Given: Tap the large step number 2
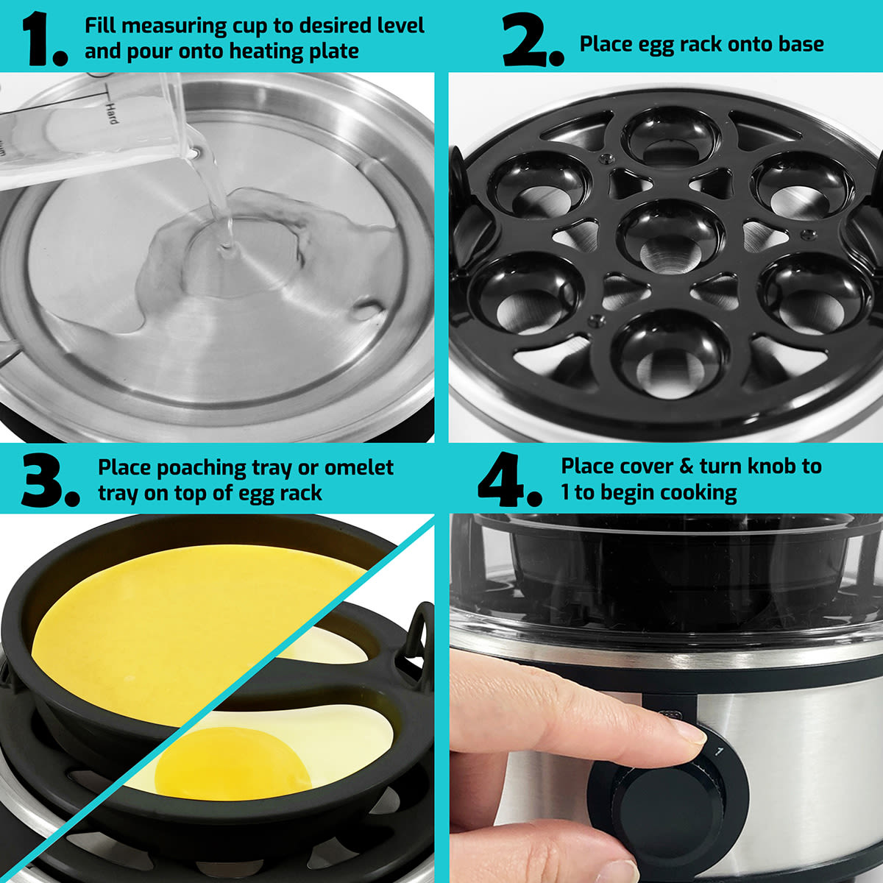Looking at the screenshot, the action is click(533, 40).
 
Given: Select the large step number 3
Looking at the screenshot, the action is click(49, 481).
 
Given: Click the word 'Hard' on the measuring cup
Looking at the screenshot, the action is click(112, 113).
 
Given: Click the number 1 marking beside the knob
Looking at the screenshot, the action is click(720, 751).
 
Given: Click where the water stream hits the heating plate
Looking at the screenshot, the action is click(227, 250).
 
